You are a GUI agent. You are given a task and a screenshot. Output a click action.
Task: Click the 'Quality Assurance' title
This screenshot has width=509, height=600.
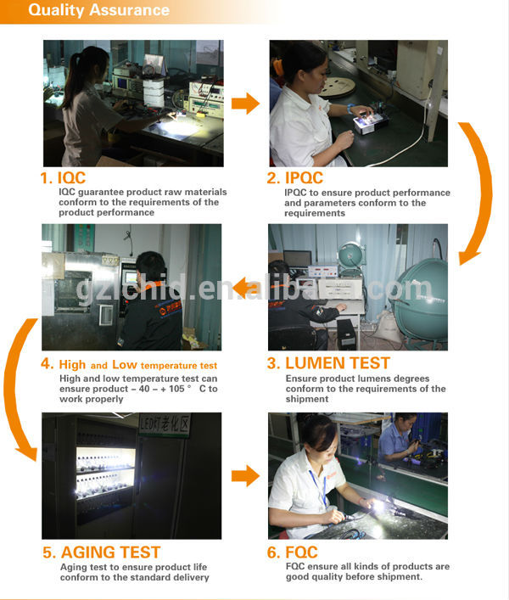(x=98, y=10)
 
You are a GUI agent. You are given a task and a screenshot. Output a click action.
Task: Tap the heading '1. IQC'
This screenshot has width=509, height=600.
(x=63, y=178)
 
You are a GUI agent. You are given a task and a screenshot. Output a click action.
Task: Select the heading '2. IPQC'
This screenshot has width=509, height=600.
(x=295, y=178)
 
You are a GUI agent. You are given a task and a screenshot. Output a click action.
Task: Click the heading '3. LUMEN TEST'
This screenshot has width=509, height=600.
(x=328, y=363)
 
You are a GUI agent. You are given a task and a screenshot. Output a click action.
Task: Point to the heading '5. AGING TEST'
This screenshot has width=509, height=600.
(x=101, y=552)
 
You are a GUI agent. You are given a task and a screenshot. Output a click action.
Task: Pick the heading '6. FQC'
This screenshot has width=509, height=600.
(x=292, y=552)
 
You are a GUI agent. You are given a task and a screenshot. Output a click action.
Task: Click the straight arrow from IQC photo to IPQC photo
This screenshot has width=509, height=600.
(x=245, y=104)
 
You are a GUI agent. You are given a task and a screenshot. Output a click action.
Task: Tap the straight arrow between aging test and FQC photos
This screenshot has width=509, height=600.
(x=245, y=476)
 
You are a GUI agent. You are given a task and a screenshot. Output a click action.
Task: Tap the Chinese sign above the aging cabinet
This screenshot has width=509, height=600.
(x=165, y=424)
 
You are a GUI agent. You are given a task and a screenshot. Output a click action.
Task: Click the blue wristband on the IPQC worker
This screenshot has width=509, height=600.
(x=350, y=109)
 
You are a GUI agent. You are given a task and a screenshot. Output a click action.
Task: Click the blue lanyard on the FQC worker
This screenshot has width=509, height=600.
(x=319, y=487)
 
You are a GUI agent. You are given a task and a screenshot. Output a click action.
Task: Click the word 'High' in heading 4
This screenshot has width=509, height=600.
(x=72, y=365)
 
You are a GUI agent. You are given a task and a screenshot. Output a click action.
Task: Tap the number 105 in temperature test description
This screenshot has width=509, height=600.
(x=176, y=389)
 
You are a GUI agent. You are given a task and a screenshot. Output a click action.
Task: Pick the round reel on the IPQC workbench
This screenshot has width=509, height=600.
(x=338, y=87)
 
